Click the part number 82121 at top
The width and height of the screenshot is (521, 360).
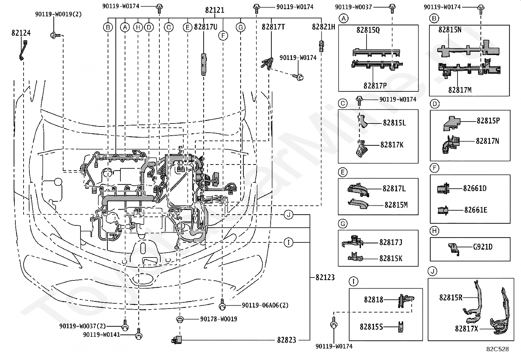point(215,10)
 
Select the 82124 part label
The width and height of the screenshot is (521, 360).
point(21,33)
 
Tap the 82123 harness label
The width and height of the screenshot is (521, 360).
point(325,277)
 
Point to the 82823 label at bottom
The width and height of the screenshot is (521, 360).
point(287,340)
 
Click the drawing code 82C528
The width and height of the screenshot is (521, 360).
point(497,349)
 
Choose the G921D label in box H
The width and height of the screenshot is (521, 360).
point(483,247)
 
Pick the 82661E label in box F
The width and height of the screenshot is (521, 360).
point(476,210)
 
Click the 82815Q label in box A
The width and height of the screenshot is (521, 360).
point(368,30)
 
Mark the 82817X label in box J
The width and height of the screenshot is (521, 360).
point(466,329)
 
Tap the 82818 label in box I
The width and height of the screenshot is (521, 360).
point(373,299)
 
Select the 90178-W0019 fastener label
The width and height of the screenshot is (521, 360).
point(219,319)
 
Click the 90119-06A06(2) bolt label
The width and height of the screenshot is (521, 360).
point(265,305)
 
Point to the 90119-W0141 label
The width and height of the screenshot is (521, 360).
point(101,334)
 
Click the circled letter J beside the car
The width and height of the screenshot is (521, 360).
point(288,215)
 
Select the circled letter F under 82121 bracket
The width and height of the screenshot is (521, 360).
point(223,36)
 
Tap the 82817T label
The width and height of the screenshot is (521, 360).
point(273,27)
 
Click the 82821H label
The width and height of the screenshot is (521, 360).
point(323,27)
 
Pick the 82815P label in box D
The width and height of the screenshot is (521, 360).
point(488,121)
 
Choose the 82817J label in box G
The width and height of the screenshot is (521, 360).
point(391,242)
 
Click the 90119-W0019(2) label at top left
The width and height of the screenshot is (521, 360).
point(58,14)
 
